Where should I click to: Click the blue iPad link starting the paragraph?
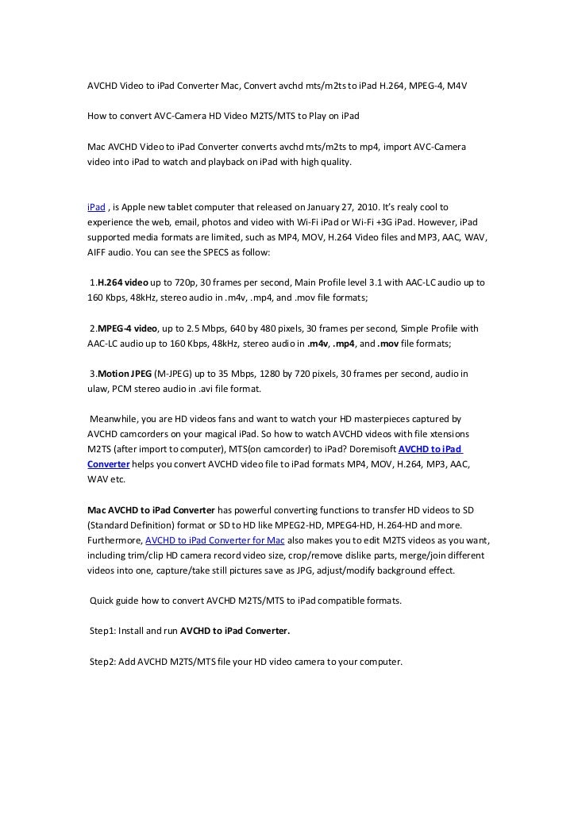point(96,206)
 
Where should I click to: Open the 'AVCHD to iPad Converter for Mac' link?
point(216,540)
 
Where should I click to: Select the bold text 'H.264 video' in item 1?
point(122,282)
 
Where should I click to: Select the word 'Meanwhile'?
point(115,419)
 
